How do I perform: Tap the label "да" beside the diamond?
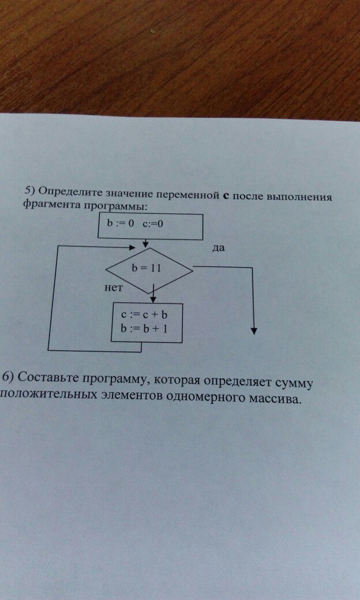(x=219, y=248)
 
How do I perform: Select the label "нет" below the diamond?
(x=113, y=288)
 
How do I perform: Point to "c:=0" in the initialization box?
(x=153, y=224)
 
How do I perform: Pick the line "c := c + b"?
(x=145, y=315)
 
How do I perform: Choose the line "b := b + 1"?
(x=145, y=328)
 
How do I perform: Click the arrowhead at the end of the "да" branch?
(x=254, y=331)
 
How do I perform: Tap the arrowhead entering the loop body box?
(x=153, y=299)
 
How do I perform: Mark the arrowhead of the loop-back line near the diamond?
(x=132, y=247)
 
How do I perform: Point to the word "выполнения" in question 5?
(x=301, y=197)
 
